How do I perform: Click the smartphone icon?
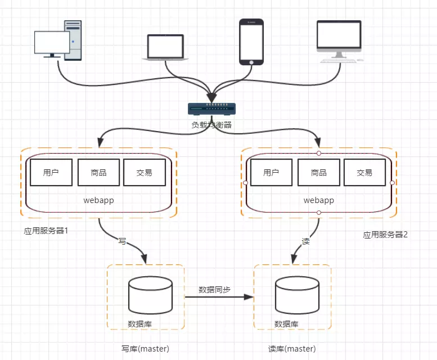[251, 42]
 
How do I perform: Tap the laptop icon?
[165, 47]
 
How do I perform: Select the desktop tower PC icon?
[58, 40]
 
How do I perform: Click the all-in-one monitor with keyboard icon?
[340, 41]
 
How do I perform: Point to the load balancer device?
[212, 109]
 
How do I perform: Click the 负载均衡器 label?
[211, 125]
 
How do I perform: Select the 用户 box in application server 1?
[51, 173]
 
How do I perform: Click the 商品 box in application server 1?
[98, 173]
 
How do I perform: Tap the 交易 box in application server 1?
[145, 173]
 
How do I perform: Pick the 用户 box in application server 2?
[271, 173]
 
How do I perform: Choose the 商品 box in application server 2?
[319, 173]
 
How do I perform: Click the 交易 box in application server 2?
[364, 173]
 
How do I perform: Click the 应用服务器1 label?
[46, 231]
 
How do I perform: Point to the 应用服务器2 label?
[385, 235]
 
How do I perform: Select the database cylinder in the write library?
[150, 295]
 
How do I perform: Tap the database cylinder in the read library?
[297, 295]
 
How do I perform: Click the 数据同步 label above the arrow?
[215, 290]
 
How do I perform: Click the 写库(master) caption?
[145, 349]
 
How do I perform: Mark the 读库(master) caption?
[292, 349]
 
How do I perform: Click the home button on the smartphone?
[251, 62]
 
